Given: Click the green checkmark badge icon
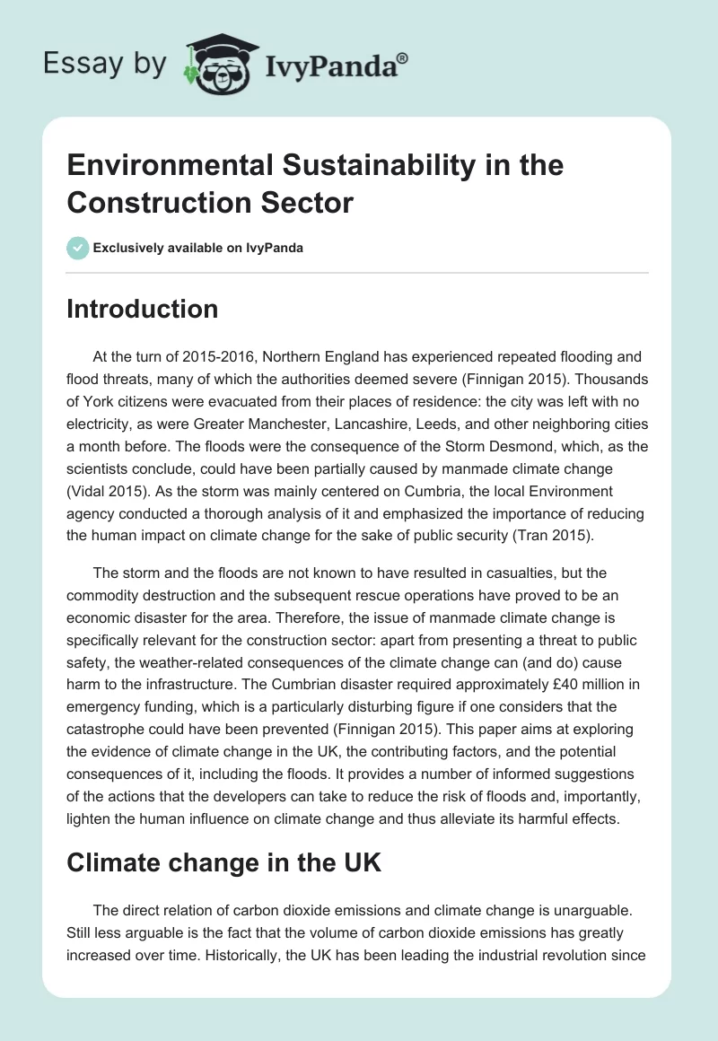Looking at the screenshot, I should point(78,248).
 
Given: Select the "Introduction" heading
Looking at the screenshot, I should point(143,310).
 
